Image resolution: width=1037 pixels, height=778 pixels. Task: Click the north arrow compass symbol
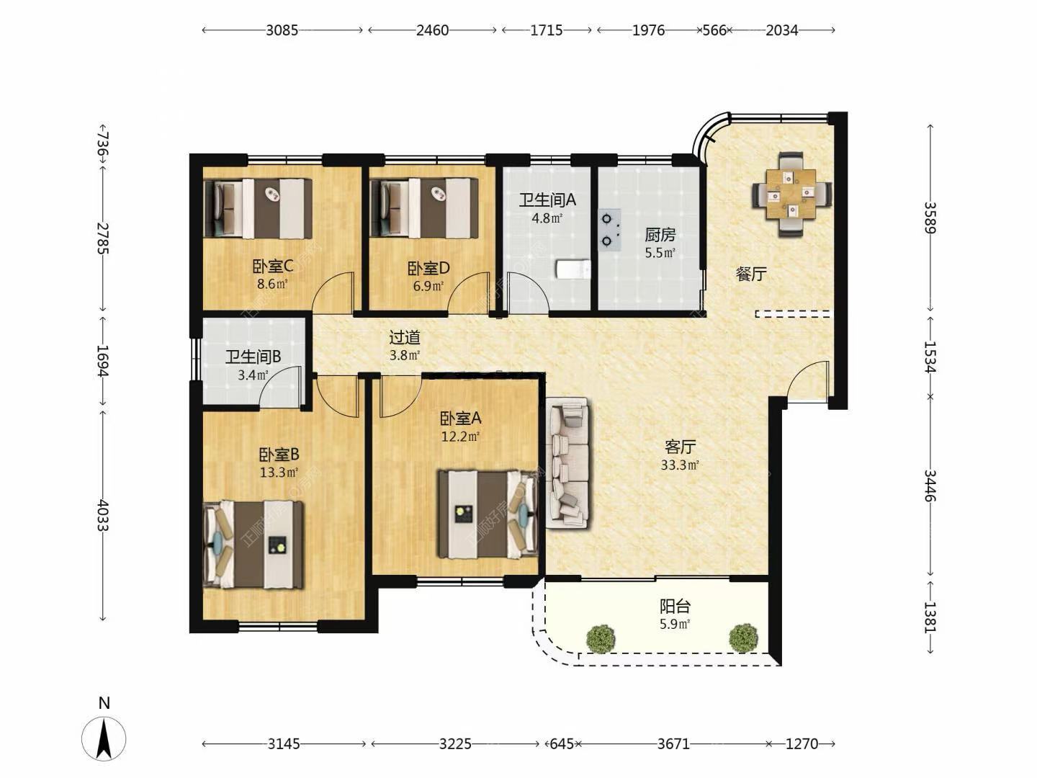tap(104, 738)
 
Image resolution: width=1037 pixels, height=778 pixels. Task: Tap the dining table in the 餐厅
tap(791, 194)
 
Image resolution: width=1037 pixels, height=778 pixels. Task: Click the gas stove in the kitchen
tap(609, 230)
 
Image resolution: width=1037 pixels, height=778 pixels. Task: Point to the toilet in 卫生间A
tap(573, 269)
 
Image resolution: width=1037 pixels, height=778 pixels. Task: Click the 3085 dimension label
tap(282, 30)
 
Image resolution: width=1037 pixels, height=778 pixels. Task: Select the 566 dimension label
tap(714, 30)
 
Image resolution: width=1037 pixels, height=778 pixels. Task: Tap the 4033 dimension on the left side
tap(103, 515)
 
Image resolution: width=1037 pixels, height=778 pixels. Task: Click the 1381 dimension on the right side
tap(930, 617)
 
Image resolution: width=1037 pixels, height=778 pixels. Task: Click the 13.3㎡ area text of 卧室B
tap(279, 472)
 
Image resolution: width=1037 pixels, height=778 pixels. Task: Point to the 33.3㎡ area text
tap(679, 465)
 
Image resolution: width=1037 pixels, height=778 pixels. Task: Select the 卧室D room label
tap(428, 268)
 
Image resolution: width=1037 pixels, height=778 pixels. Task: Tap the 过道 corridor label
tap(405, 337)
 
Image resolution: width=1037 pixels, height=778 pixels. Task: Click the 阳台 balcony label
tap(675, 606)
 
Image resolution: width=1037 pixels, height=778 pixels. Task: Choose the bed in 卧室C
tap(258, 208)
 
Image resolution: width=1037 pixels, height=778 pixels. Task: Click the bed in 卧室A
tap(488, 514)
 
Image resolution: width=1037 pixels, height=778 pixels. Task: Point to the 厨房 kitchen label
tap(660, 235)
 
